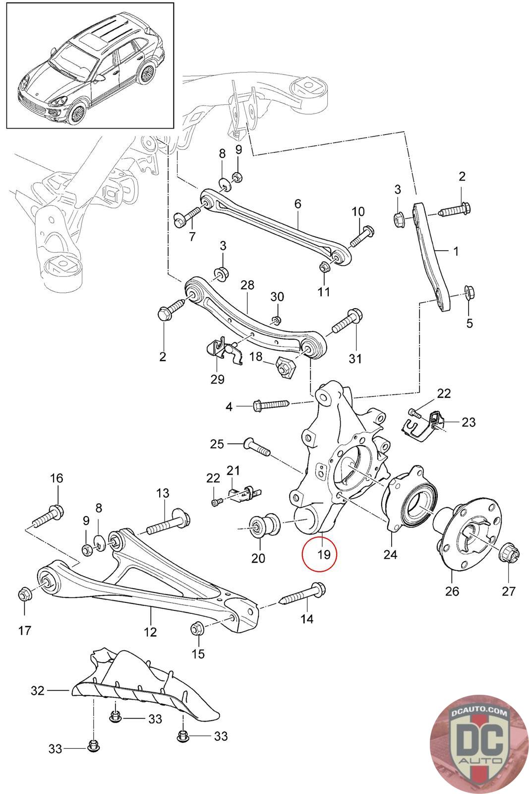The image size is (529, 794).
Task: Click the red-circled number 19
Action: pos(320,553)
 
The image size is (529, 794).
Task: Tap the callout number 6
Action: pos(297,203)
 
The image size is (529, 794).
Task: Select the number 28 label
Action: pos(247,285)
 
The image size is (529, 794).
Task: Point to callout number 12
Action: pos(150,632)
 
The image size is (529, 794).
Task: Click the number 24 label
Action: pos(390,554)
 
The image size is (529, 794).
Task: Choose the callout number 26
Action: pos(452,591)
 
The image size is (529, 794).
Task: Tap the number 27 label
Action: pos(509,591)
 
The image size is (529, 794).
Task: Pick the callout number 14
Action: pos(307,618)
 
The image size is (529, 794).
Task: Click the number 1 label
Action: pos(456,252)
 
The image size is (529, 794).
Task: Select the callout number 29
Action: pos(217,379)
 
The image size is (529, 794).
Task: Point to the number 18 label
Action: pos(256,357)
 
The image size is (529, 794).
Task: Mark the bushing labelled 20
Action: pos(261,526)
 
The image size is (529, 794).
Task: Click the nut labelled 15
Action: pos(197,629)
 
